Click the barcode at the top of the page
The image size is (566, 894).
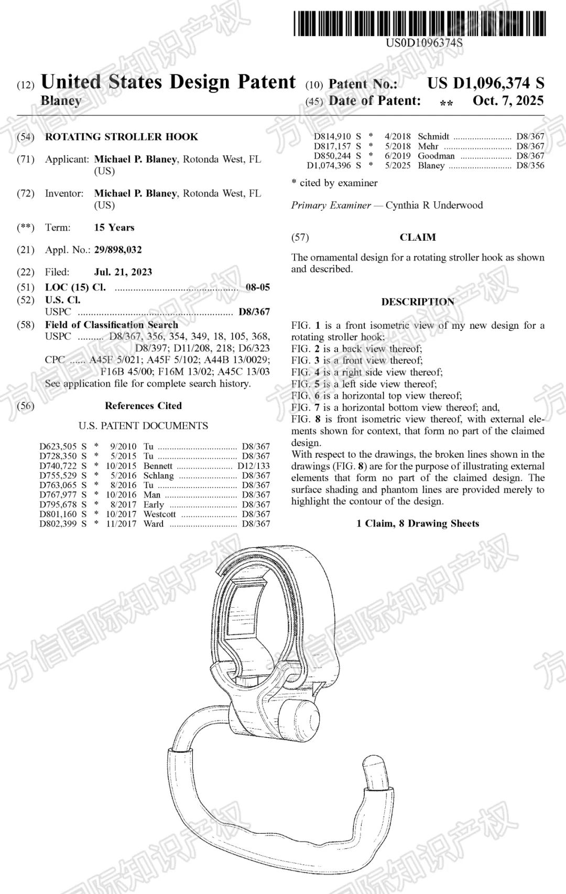click(419, 24)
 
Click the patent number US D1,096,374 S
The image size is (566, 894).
click(485, 83)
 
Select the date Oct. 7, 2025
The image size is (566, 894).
click(508, 101)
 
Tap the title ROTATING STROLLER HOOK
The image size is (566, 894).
click(122, 137)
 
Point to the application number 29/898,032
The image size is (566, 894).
click(118, 250)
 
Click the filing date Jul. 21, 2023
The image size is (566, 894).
click(123, 272)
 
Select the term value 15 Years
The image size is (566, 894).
click(114, 227)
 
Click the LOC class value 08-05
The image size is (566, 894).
click(258, 287)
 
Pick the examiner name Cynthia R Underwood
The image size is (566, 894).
click(434, 205)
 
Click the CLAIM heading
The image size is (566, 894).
click(418, 237)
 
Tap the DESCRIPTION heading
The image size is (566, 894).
click(418, 301)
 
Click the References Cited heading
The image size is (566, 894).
click(143, 405)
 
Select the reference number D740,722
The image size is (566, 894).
click(58, 466)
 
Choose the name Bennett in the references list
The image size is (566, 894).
click(158, 466)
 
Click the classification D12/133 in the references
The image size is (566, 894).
click(254, 466)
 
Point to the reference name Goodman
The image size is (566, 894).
click(436, 156)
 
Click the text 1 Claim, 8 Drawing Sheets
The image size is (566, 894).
click(418, 523)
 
